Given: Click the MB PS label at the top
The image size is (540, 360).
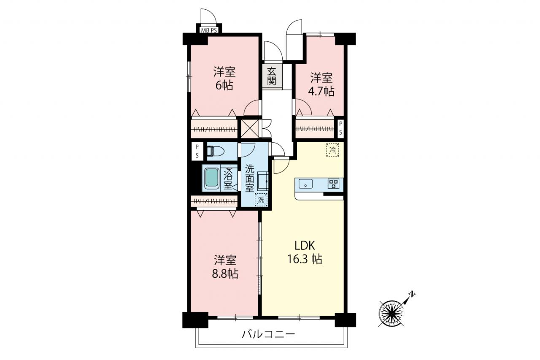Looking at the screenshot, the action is pos(209,30).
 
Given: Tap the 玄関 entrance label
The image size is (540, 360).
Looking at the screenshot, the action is pos(272,76).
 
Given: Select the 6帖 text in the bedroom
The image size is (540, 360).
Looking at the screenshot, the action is pos(224,86).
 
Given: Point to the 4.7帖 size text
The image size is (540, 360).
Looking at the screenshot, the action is pos(321,92).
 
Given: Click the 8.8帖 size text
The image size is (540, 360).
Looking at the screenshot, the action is pos(225,274).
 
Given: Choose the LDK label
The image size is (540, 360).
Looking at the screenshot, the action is pos(305,246).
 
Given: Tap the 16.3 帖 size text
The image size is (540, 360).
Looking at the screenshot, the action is pos(305,259).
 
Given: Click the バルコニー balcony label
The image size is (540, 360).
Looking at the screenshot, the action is pos(268,334).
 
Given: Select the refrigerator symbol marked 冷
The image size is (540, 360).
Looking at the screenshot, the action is pos(333,150).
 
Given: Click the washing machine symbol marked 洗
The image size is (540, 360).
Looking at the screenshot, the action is pos(261,200).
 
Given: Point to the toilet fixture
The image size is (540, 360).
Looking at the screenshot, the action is pos(215,152).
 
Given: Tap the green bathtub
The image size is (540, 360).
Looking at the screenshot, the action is pos(212,178).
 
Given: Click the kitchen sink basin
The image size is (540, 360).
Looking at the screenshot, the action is pos(305,184).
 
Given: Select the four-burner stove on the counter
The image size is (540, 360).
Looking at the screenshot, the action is pos(333,184).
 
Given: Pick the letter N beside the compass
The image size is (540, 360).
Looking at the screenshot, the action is pos(412,294).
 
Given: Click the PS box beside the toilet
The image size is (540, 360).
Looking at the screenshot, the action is pos(197,151).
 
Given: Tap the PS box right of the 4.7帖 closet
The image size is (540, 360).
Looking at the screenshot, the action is pos(340,129).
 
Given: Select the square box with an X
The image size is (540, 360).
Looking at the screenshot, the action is pos(250,129).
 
